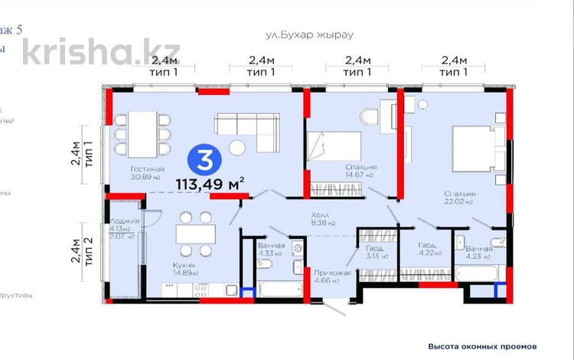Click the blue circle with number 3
[204, 160]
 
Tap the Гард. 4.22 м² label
[429, 249]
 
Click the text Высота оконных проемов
[488, 345]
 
